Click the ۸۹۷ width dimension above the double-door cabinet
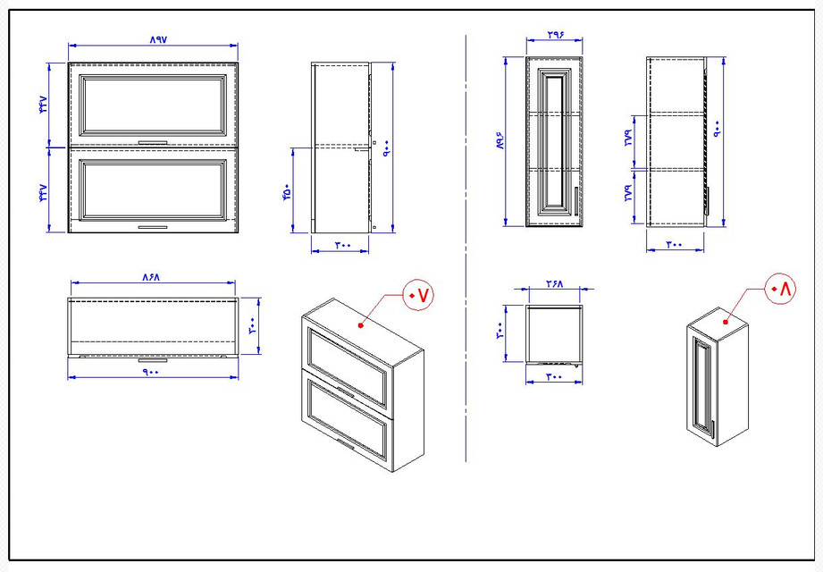click(x=154, y=39)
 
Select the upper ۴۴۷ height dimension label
click(x=41, y=104)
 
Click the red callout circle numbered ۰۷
click(x=418, y=294)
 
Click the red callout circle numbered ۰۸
click(x=780, y=289)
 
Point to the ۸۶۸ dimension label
click(x=150, y=278)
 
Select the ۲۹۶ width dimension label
click(x=553, y=34)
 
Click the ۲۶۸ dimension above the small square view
click(x=554, y=283)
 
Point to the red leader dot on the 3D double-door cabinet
click(x=361, y=325)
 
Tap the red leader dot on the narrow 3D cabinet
click(x=726, y=319)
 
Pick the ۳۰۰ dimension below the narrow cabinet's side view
click(x=674, y=244)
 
